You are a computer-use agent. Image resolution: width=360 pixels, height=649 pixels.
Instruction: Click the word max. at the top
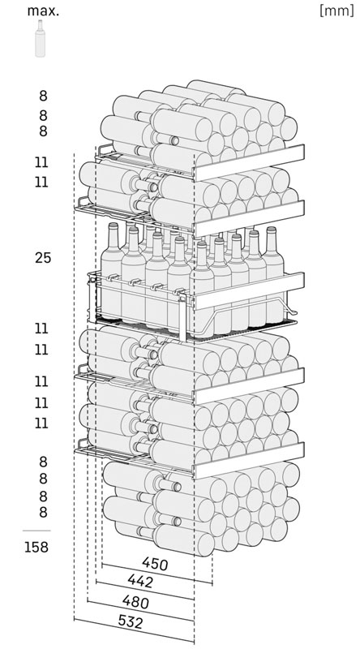(43, 11)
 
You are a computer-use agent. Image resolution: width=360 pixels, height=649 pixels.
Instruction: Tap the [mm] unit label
(336, 11)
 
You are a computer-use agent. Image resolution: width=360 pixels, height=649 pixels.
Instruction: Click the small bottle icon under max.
(41, 38)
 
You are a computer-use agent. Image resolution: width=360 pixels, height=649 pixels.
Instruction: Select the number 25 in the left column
(43, 258)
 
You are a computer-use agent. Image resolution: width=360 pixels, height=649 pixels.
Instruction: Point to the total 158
(36, 547)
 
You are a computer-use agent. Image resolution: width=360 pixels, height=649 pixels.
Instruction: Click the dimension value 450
(155, 563)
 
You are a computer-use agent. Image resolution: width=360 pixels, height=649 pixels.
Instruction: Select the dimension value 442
(140, 581)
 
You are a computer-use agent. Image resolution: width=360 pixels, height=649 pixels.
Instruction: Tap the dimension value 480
(135, 601)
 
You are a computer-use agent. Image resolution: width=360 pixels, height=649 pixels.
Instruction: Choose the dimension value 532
(131, 621)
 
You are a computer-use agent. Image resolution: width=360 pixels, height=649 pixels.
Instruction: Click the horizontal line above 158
(36, 531)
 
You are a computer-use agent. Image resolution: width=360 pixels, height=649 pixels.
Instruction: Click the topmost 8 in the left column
(44, 96)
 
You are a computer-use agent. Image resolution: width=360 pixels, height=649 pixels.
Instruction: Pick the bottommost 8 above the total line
(44, 512)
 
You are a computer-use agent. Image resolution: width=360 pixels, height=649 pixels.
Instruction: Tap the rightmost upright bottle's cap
(271, 229)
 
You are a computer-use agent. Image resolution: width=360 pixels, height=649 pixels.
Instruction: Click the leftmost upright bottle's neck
(113, 235)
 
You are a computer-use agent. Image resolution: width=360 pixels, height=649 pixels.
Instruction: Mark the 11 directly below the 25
(42, 329)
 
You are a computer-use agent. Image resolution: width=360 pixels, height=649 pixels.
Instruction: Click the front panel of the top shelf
(250, 162)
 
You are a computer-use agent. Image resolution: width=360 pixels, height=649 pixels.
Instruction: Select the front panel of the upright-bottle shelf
(250, 290)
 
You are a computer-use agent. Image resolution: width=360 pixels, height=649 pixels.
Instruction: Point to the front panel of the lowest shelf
(250, 460)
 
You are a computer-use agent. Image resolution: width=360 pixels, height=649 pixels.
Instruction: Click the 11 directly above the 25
(42, 182)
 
